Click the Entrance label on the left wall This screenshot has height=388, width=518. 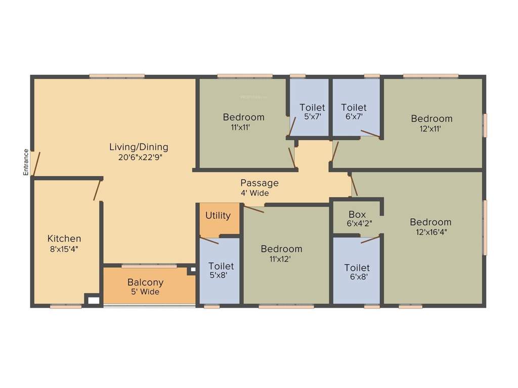click(x=26, y=162)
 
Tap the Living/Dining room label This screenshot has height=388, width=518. click(x=139, y=147)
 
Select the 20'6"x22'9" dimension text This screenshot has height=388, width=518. click(x=140, y=157)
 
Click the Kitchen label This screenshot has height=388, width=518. click(x=64, y=238)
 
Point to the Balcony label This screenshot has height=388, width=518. click(x=145, y=282)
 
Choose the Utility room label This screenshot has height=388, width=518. click(x=218, y=216)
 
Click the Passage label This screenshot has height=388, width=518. click(x=259, y=183)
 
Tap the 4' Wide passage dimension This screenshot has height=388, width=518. click(x=255, y=193)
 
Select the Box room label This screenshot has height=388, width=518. click(x=357, y=215)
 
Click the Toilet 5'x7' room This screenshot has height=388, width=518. click(x=312, y=111)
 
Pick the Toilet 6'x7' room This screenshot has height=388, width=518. click(x=354, y=111)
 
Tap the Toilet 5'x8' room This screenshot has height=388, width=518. click(x=221, y=271)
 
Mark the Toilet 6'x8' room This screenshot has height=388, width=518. click(x=357, y=272)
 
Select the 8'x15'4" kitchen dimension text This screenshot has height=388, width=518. click(x=63, y=249)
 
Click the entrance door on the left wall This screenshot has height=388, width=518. click(x=33, y=163)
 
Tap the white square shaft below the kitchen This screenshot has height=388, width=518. click(x=94, y=300)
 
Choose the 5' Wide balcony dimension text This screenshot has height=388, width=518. click(x=145, y=292)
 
